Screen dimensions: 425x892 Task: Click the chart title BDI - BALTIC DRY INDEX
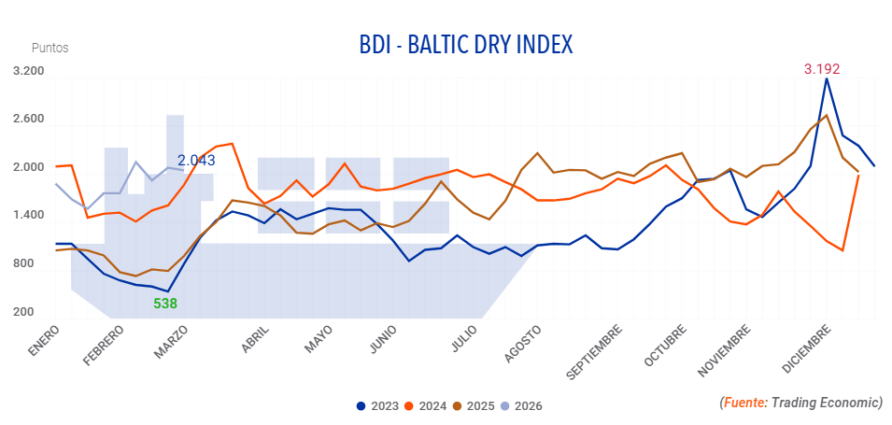pos(465,45)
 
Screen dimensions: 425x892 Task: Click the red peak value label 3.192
pos(822,68)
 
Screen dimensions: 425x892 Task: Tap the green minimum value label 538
pos(165,303)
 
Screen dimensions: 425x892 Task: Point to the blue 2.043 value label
pos(196,161)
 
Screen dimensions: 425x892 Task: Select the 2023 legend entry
pos(377,406)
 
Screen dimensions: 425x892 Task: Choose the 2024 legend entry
pos(426,406)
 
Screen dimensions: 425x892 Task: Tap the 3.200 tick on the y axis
pos(29,71)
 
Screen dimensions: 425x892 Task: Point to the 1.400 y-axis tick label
pos(29,216)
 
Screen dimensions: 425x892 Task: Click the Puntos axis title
pos(50,48)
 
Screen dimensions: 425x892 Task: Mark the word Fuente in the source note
pos(744,403)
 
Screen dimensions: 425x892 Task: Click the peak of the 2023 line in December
pos(827,78)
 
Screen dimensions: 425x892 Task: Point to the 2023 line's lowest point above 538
pos(167,291)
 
